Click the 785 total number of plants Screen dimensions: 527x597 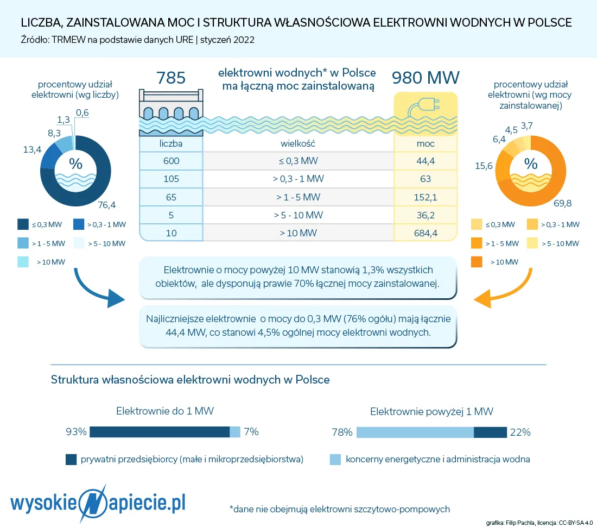pyautogui.click(x=171, y=78)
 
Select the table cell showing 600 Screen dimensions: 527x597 pyautogui.click(x=171, y=161)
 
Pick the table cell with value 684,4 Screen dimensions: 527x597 pyautogui.click(x=425, y=233)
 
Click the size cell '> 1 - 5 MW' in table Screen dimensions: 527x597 pyautogui.click(x=297, y=197)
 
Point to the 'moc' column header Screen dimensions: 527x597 pyautogui.click(x=425, y=143)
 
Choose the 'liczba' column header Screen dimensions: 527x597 pyautogui.click(x=171, y=143)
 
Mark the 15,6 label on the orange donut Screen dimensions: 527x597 pyautogui.click(x=484, y=166)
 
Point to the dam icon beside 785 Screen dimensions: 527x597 pyautogui.click(x=171, y=106)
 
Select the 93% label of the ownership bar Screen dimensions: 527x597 pyautogui.click(x=77, y=432)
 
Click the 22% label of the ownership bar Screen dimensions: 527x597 pyautogui.click(x=520, y=432)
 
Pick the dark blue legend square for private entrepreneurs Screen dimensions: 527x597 pyautogui.click(x=71, y=460)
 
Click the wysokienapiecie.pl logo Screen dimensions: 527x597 pyautogui.click(x=98, y=503)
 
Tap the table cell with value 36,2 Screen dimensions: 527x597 pyautogui.click(x=425, y=215)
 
